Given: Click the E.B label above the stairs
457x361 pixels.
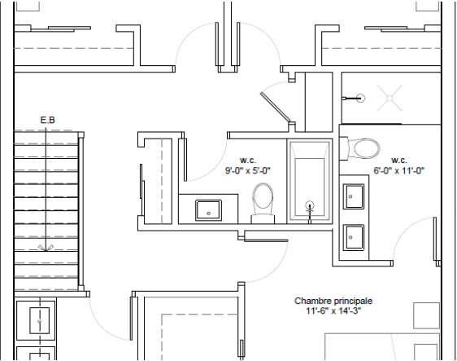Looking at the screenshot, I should [x=47, y=121].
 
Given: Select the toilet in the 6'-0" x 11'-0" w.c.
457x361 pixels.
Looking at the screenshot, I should [x=363, y=148].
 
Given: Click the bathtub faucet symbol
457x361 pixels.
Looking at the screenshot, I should [x=308, y=207].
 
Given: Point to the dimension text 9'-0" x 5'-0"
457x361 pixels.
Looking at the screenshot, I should [x=247, y=171].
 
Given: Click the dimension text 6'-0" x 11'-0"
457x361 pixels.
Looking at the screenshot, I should [x=399, y=171].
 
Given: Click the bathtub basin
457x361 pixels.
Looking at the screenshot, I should [x=309, y=179].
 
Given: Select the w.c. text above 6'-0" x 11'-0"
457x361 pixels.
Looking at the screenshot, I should [x=398, y=160].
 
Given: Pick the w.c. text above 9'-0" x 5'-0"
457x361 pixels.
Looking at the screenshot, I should [x=247, y=160].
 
